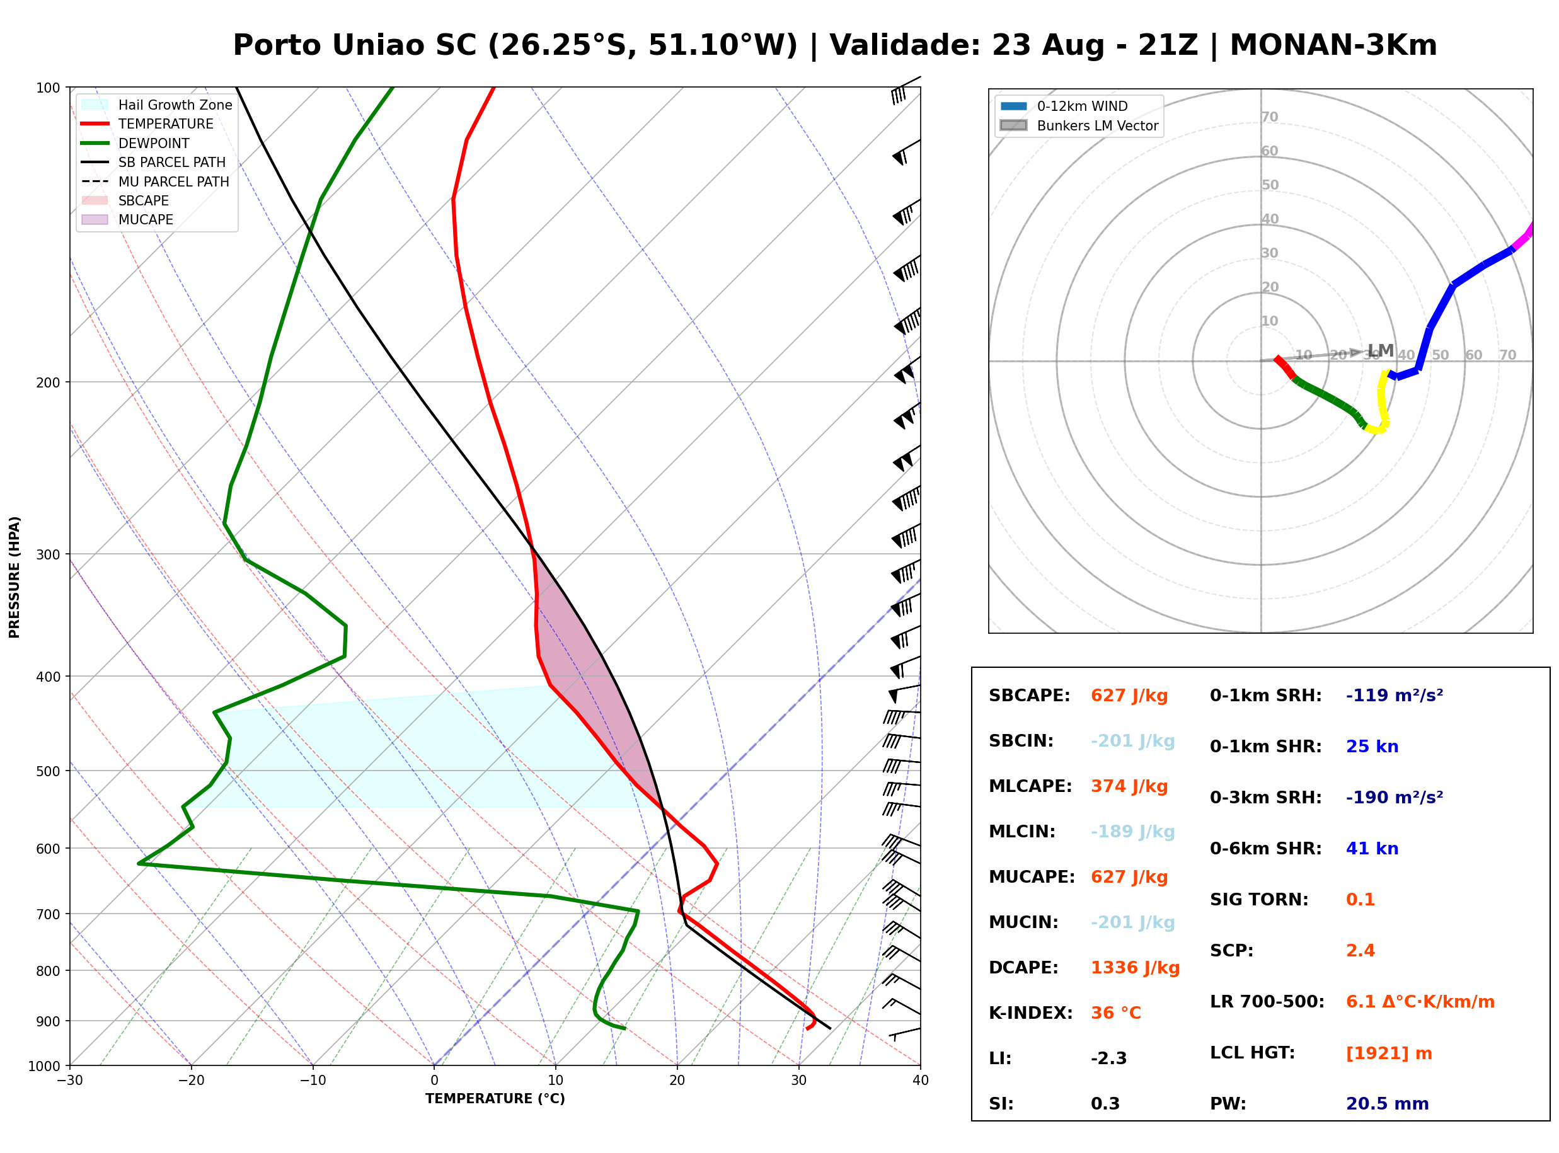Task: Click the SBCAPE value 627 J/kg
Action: tap(1129, 696)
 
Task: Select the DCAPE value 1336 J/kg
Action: tap(1135, 968)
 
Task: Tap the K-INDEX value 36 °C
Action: tap(1116, 1013)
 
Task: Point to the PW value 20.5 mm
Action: tap(1388, 1104)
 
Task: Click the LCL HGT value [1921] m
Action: tap(1389, 1053)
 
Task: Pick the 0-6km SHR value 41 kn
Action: tap(1372, 849)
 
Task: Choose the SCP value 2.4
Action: tap(1360, 951)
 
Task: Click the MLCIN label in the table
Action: tap(1022, 832)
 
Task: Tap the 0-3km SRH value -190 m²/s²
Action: tap(1395, 798)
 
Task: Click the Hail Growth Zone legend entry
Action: tap(157, 105)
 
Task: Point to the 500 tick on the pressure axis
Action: tap(47, 771)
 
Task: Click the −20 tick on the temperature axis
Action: tap(190, 1081)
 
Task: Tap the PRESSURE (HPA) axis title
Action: tap(14, 577)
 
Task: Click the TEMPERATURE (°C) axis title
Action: tap(495, 1099)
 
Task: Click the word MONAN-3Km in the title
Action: tap(1333, 45)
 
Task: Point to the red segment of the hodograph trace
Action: tap(1285, 368)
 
